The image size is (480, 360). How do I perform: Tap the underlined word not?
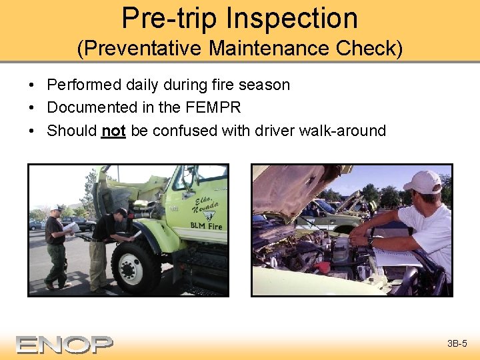click(x=113, y=131)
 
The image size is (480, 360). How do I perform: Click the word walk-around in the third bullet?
click(x=346, y=131)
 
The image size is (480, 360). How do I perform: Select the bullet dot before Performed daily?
click(x=32, y=85)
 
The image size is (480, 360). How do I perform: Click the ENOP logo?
click(x=65, y=344)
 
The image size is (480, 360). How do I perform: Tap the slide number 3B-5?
click(x=457, y=344)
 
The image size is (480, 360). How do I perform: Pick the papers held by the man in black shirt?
click(x=72, y=227)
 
